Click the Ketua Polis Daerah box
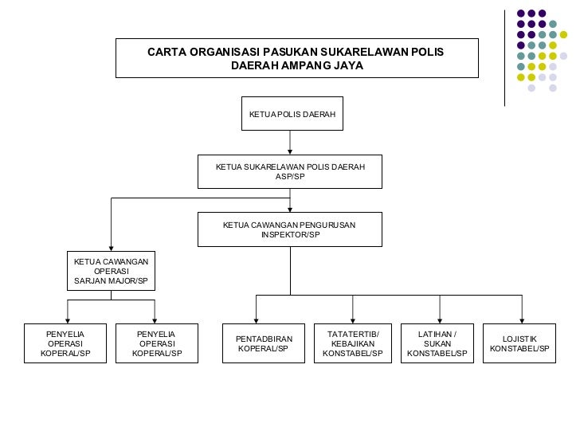(x=292, y=114)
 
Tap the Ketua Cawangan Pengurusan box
(x=290, y=229)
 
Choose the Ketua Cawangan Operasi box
(x=111, y=271)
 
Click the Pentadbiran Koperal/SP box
(x=264, y=344)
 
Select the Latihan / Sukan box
(x=437, y=343)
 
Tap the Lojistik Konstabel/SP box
(x=520, y=344)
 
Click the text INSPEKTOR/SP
(x=290, y=235)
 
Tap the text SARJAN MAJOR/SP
(x=111, y=281)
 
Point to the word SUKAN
(x=437, y=343)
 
